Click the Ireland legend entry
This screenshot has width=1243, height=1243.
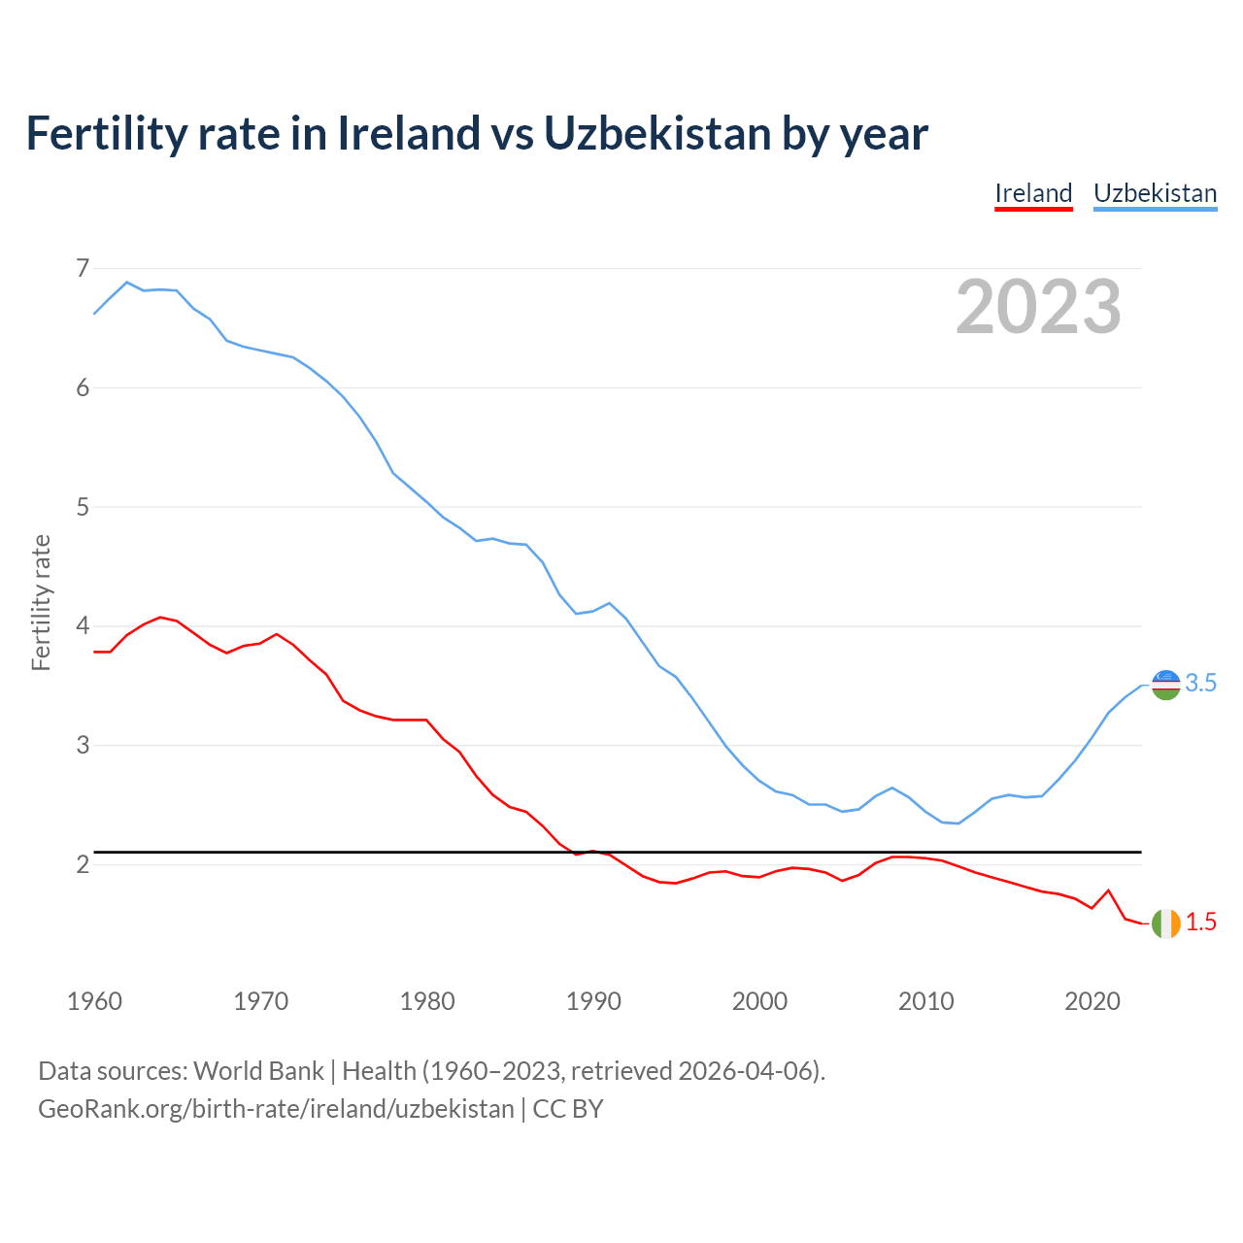coord(1033,193)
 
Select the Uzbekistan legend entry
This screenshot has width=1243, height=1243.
coord(1155,193)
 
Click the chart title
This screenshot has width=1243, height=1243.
coord(477,133)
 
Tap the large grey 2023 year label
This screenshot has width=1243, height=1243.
coord(1038,307)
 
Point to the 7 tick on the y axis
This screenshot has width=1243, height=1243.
coord(83,268)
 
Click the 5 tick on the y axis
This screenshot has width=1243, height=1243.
coord(83,507)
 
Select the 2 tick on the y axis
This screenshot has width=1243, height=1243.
coord(83,864)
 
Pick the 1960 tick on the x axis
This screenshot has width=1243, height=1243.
coord(94,1001)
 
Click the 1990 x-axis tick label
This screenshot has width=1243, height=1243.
coord(593,1001)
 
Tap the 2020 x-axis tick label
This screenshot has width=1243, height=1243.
coord(1092,1001)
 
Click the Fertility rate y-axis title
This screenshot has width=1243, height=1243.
coord(41,602)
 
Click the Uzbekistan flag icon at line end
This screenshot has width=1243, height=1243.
coord(1165,685)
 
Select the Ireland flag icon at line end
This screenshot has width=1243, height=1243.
coord(1165,924)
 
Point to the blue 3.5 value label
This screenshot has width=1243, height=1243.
coord(1201,684)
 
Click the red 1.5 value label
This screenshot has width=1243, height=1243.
coord(1201,923)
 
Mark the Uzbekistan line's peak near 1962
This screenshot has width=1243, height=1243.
coord(127,283)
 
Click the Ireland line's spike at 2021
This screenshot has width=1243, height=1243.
coord(1108,890)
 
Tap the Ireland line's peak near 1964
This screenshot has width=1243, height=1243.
coord(160,617)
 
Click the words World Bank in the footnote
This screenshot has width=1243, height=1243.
coord(258,1071)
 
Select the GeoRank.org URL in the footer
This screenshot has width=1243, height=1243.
coord(276,1109)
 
